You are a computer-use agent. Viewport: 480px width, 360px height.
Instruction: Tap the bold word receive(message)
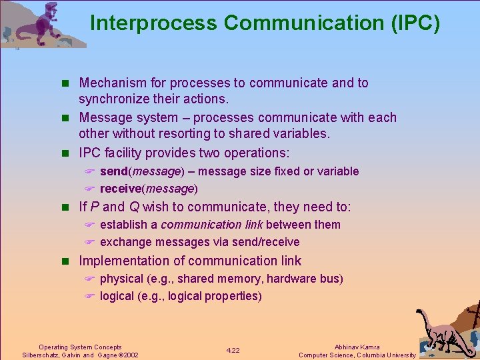click(x=149, y=189)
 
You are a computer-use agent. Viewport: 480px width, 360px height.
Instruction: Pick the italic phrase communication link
click(x=211, y=225)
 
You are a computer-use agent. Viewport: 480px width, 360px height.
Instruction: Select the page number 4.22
click(x=233, y=350)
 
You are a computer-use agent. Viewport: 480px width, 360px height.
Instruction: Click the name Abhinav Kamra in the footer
click(x=357, y=347)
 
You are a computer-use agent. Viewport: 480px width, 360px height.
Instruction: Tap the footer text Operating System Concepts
click(x=80, y=347)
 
